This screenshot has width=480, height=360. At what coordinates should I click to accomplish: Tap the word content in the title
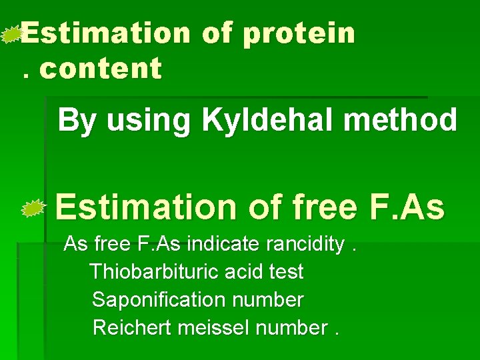pyautogui.click(x=101, y=68)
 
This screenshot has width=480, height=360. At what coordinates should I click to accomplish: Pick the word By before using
pyautogui.click(x=76, y=121)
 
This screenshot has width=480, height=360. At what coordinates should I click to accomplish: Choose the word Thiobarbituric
pyautogui.click(x=155, y=272)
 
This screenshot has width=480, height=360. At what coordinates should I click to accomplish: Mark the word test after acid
pyautogui.click(x=288, y=272)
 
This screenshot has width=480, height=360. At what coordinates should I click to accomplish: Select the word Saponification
pyautogui.click(x=159, y=300)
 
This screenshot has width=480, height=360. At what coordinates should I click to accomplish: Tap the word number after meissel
pyautogui.click(x=291, y=328)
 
